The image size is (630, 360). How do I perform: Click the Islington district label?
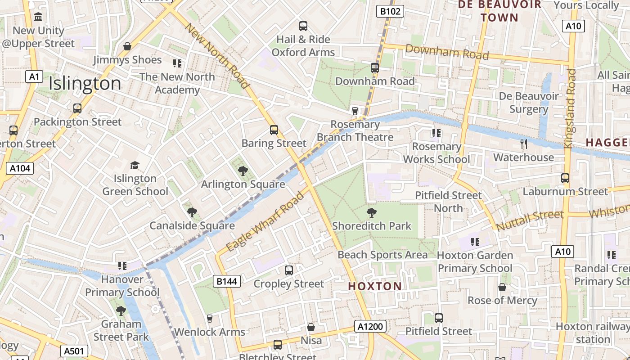point(85,84)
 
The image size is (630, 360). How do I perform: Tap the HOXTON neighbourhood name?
point(375,286)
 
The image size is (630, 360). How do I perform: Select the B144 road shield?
point(227,282)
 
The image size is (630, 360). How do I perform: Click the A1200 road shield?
point(370,326)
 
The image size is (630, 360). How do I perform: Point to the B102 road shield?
point(390,11)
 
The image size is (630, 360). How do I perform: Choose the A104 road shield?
point(20,168)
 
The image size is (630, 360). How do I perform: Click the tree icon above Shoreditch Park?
point(372,212)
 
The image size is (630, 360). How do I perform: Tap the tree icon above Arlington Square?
point(243,171)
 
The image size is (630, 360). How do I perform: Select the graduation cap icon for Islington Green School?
point(135,165)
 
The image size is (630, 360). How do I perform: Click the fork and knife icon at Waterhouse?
point(523,144)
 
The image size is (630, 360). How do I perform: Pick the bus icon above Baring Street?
point(274,130)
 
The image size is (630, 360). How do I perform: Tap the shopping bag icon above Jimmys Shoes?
point(127,46)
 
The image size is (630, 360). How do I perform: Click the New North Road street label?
point(217,56)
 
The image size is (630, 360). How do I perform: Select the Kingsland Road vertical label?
point(570,109)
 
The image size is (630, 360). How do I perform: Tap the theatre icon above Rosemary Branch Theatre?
point(355,111)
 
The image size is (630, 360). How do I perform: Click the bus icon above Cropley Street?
point(289,270)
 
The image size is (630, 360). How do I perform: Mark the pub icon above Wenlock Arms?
point(209,319)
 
